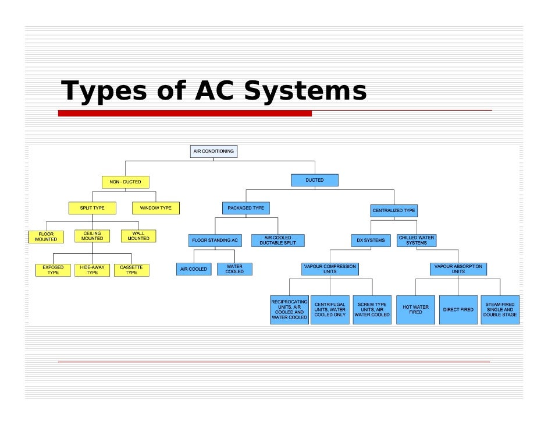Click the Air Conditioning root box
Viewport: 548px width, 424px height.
pyautogui.click(x=213, y=151)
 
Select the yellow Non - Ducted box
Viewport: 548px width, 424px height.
pyautogui.click(x=125, y=182)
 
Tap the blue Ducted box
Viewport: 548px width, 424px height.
pyautogui.click(x=315, y=181)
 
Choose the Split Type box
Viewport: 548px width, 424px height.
pyautogui.click(x=92, y=208)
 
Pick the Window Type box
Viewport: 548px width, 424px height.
pyautogui.click(x=156, y=208)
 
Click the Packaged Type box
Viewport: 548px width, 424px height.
pyautogui.click(x=245, y=208)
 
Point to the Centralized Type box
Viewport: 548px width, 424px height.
pyautogui.click(x=394, y=210)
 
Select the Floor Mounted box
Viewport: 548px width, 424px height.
pyautogui.click(x=46, y=236)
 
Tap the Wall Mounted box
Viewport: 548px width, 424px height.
pyautogui.click(x=138, y=236)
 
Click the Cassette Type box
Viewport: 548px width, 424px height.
pyautogui.click(x=131, y=270)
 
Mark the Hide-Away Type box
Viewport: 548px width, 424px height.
pyautogui.click(x=92, y=270)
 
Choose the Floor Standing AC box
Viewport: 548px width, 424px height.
pyautogui.click(x=215, y=240)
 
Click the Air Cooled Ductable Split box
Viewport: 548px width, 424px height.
pyautogui.click(x=277, y=240)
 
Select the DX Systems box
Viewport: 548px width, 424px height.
pyautogui.click(x=371, y=240)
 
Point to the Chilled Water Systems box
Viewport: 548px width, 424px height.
pyautogui.click(x=417, y=240)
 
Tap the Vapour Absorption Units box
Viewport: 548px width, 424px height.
pyautogui.click(x=458, y=269)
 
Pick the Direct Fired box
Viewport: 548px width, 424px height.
pyautogui.click(x=458, y=310)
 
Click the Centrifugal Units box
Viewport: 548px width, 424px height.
pyautogui.click(x=330, y=310)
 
